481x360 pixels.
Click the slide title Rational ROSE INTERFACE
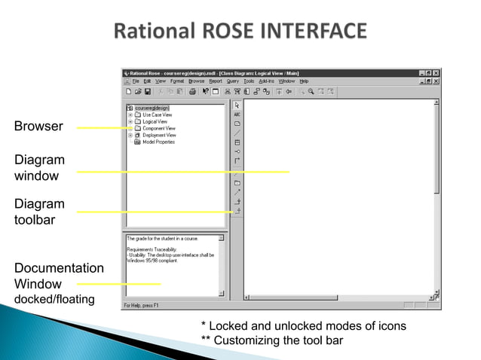coord(240,32)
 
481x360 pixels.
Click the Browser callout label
coord(38,127)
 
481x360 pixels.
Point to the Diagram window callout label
coord(39,167)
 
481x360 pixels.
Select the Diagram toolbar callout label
coord(39,212)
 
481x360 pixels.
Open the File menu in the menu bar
coord(136,81)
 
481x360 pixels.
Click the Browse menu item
coord(197,81)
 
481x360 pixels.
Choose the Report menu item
coord(216,81)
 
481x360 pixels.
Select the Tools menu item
coord(249,81)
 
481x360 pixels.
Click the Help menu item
coord(305,81)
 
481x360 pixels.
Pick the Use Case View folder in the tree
coord(156,114)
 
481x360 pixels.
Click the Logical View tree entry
coord(154,121)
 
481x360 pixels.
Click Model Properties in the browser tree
coord(158,142)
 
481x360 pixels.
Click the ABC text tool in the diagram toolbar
coord(237,114)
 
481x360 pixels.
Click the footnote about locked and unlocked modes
coord(303,326)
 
